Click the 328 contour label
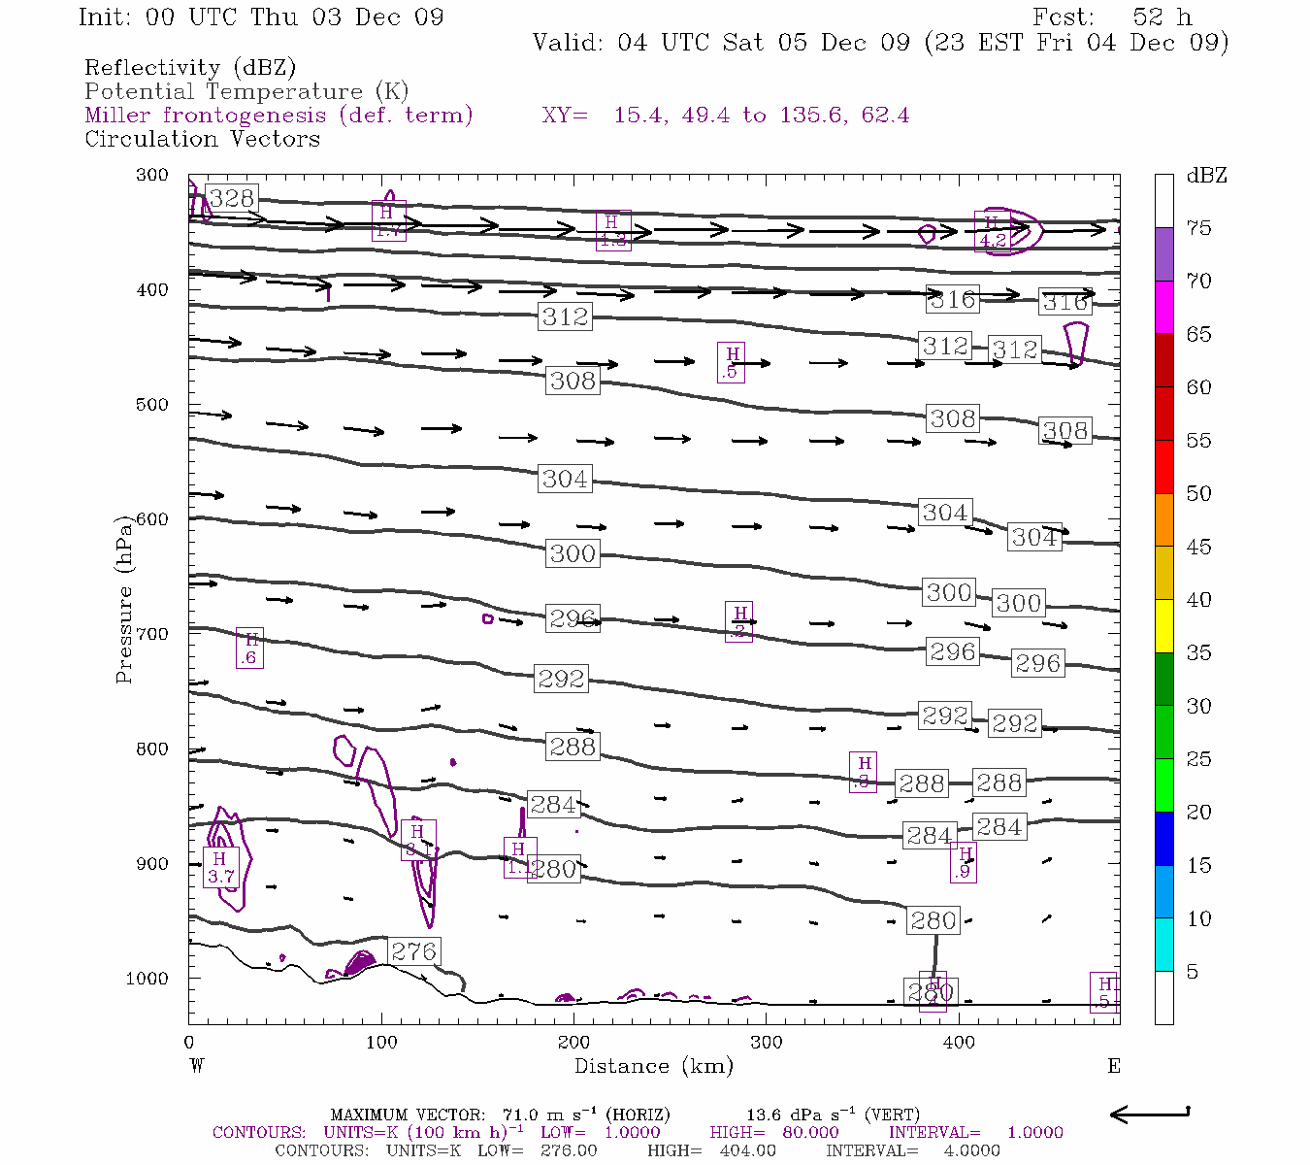232,199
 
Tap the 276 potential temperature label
414,951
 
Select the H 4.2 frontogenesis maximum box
992,233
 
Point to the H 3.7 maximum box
220,867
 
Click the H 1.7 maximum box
388,221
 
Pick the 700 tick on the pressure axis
151,634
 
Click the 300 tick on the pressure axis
151,175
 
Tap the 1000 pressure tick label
147,979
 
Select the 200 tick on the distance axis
573,1042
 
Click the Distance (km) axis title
653,1066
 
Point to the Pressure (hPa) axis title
123,599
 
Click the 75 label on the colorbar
1199,228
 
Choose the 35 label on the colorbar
1199,652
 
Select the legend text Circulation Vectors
202,139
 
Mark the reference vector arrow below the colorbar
1150,1114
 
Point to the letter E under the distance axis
1114,1066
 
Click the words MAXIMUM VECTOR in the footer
407,1115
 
